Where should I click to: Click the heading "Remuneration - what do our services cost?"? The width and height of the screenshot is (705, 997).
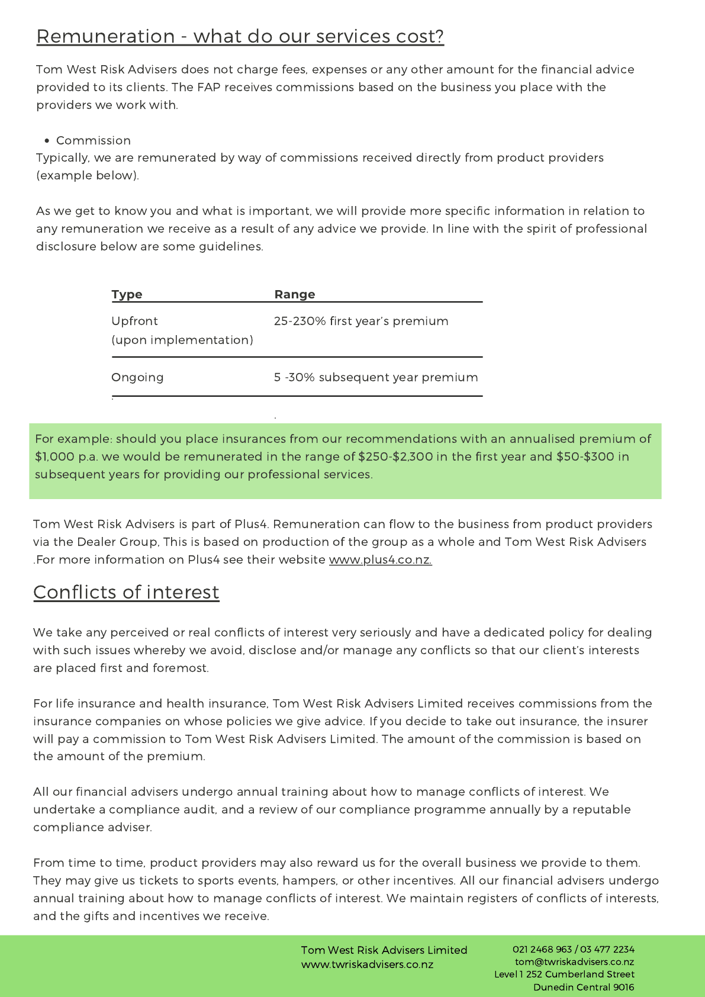coord(240,37)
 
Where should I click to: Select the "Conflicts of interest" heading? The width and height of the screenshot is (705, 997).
coord(126,592)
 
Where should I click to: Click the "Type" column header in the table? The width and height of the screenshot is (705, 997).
coord(127,294)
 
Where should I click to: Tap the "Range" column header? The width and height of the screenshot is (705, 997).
coord(294,294)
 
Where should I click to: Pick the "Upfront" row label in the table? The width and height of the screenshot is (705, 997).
coord(134,321)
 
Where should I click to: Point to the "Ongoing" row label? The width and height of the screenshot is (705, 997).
coord(137,377)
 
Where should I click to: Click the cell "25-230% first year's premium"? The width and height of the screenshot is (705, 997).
coord(360,321)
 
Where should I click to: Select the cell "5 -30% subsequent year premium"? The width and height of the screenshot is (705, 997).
coord(375,377)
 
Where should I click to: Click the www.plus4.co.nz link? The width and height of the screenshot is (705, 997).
coord(380,559)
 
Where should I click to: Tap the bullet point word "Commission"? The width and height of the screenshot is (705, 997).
coord(93,140)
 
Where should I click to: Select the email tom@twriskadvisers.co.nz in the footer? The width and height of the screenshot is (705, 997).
coord(574,962)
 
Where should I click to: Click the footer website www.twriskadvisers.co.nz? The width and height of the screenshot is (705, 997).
coord(367,964)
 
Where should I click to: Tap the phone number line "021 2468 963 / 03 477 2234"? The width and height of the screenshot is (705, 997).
coord(573,949)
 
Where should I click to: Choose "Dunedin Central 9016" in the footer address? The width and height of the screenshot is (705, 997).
coord(583,987)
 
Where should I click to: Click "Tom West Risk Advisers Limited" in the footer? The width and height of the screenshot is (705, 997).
coord(384,950)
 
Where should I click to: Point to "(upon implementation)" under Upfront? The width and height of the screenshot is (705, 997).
coord(182,340)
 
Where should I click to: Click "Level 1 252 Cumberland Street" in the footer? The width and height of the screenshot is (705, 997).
coord(564,974)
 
